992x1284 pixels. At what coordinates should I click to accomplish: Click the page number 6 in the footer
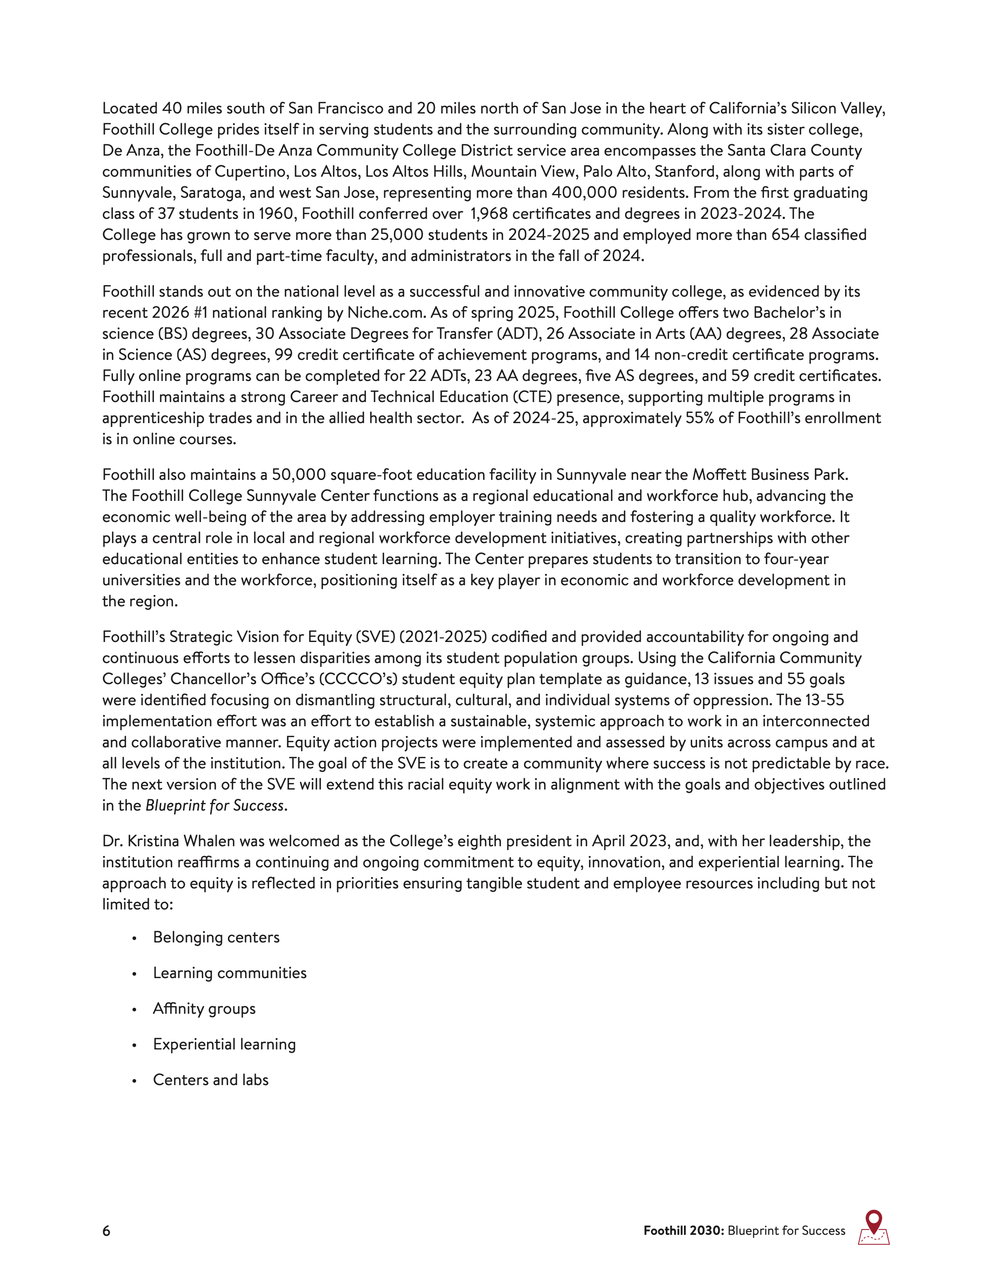click(x=106, y=1230)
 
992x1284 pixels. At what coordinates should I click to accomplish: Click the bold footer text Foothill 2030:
click(x=683, y=1230)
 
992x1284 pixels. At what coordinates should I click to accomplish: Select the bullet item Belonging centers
click(x=216, y=937)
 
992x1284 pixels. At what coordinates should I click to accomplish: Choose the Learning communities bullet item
click(x=230, y=973)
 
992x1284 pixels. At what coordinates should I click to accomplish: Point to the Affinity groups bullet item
click(x=204, y=1009)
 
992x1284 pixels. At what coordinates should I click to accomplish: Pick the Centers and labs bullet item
click(x=210, y=1080)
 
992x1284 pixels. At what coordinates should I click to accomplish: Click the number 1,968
click(x=490, y=214)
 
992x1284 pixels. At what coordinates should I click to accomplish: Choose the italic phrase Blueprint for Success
click(x=215, y=805)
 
